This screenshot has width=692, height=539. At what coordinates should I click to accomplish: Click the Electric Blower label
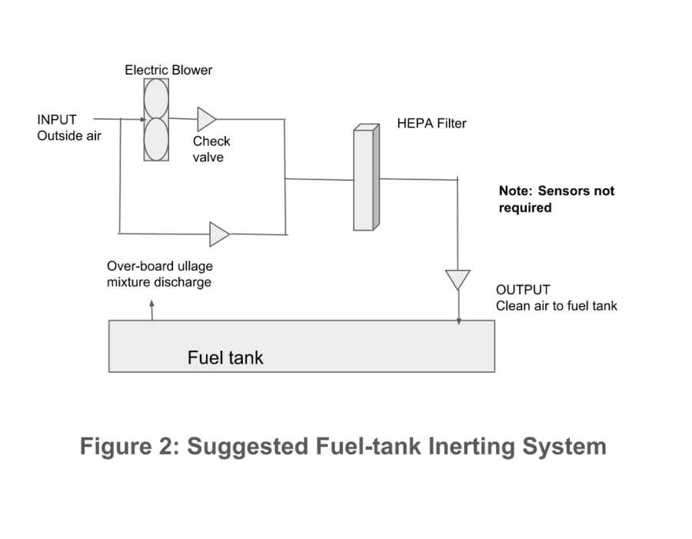[x=168, y=70]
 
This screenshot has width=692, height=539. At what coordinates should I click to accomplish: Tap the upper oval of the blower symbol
[x=157, y=98]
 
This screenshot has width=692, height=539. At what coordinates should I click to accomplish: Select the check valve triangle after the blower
[x=206, y=119]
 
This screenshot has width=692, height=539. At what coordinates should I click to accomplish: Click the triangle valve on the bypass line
[x=219, y=234]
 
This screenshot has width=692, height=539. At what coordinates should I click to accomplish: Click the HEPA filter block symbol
[x=364, y=178]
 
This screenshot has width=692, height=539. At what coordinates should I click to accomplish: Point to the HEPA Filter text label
[x=431, y=123]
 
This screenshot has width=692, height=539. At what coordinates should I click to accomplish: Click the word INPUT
[x=57, y=120]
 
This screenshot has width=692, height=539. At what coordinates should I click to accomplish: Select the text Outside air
[x=69, y=136]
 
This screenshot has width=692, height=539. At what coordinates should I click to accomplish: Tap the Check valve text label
[x=211, y=149]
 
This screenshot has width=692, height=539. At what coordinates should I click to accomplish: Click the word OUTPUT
[x=523, y=290]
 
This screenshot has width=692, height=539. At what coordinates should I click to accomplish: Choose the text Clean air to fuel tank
[x=556, y=306]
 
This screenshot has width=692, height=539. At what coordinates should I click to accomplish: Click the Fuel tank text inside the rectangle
[x=225, y=358]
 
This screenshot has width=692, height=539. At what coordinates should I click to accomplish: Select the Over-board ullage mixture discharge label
[x=159, y=274]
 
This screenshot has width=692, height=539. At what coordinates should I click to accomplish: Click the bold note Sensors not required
[x=556, y=199]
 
